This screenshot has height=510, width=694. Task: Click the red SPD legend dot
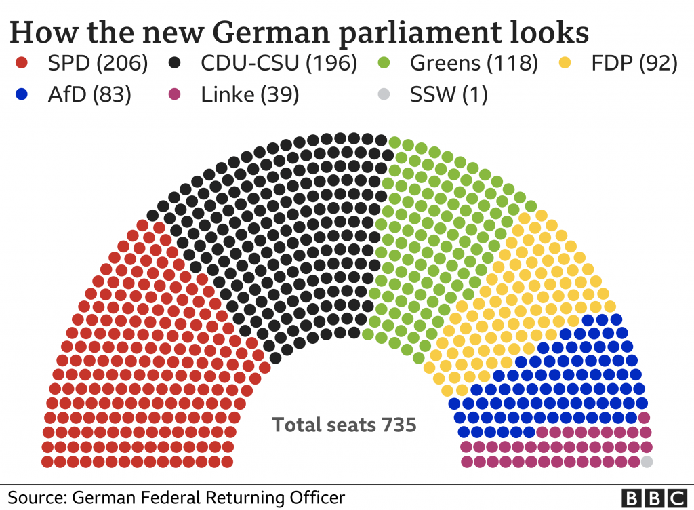click(22, 64)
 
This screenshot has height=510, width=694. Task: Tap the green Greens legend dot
click(384, 64)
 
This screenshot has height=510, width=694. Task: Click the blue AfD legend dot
click(22, 95)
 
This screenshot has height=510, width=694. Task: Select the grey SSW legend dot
click(384, 95)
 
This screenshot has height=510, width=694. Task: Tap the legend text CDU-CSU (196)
click(279, 64)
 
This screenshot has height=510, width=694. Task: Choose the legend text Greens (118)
click(474, 64)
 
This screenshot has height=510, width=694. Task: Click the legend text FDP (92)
click(634, 64)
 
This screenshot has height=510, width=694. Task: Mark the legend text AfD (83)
click(89, 95)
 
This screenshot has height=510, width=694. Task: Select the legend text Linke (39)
click(249, 95)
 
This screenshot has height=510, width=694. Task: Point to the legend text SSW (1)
click(449, 95)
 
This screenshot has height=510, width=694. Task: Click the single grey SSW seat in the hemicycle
click(647, 462)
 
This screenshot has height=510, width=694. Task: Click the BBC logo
click(654, 497)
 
